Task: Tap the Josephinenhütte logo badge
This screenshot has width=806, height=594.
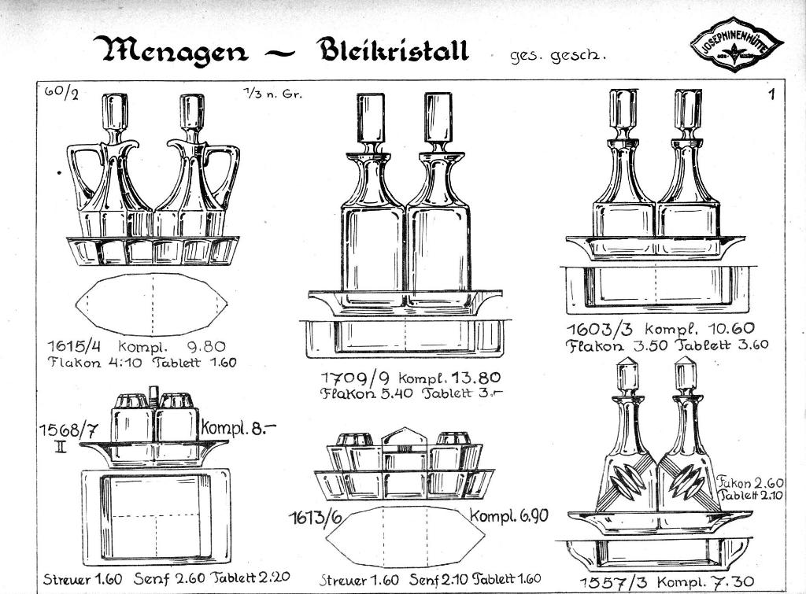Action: click(737, 45)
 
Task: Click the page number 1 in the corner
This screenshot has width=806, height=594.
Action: click(772, 95)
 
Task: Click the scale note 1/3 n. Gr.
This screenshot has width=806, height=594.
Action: click(272, 94)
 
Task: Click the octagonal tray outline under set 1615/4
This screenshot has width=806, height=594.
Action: click(152, 304)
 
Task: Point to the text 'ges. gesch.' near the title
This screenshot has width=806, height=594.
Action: click(549, 56)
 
